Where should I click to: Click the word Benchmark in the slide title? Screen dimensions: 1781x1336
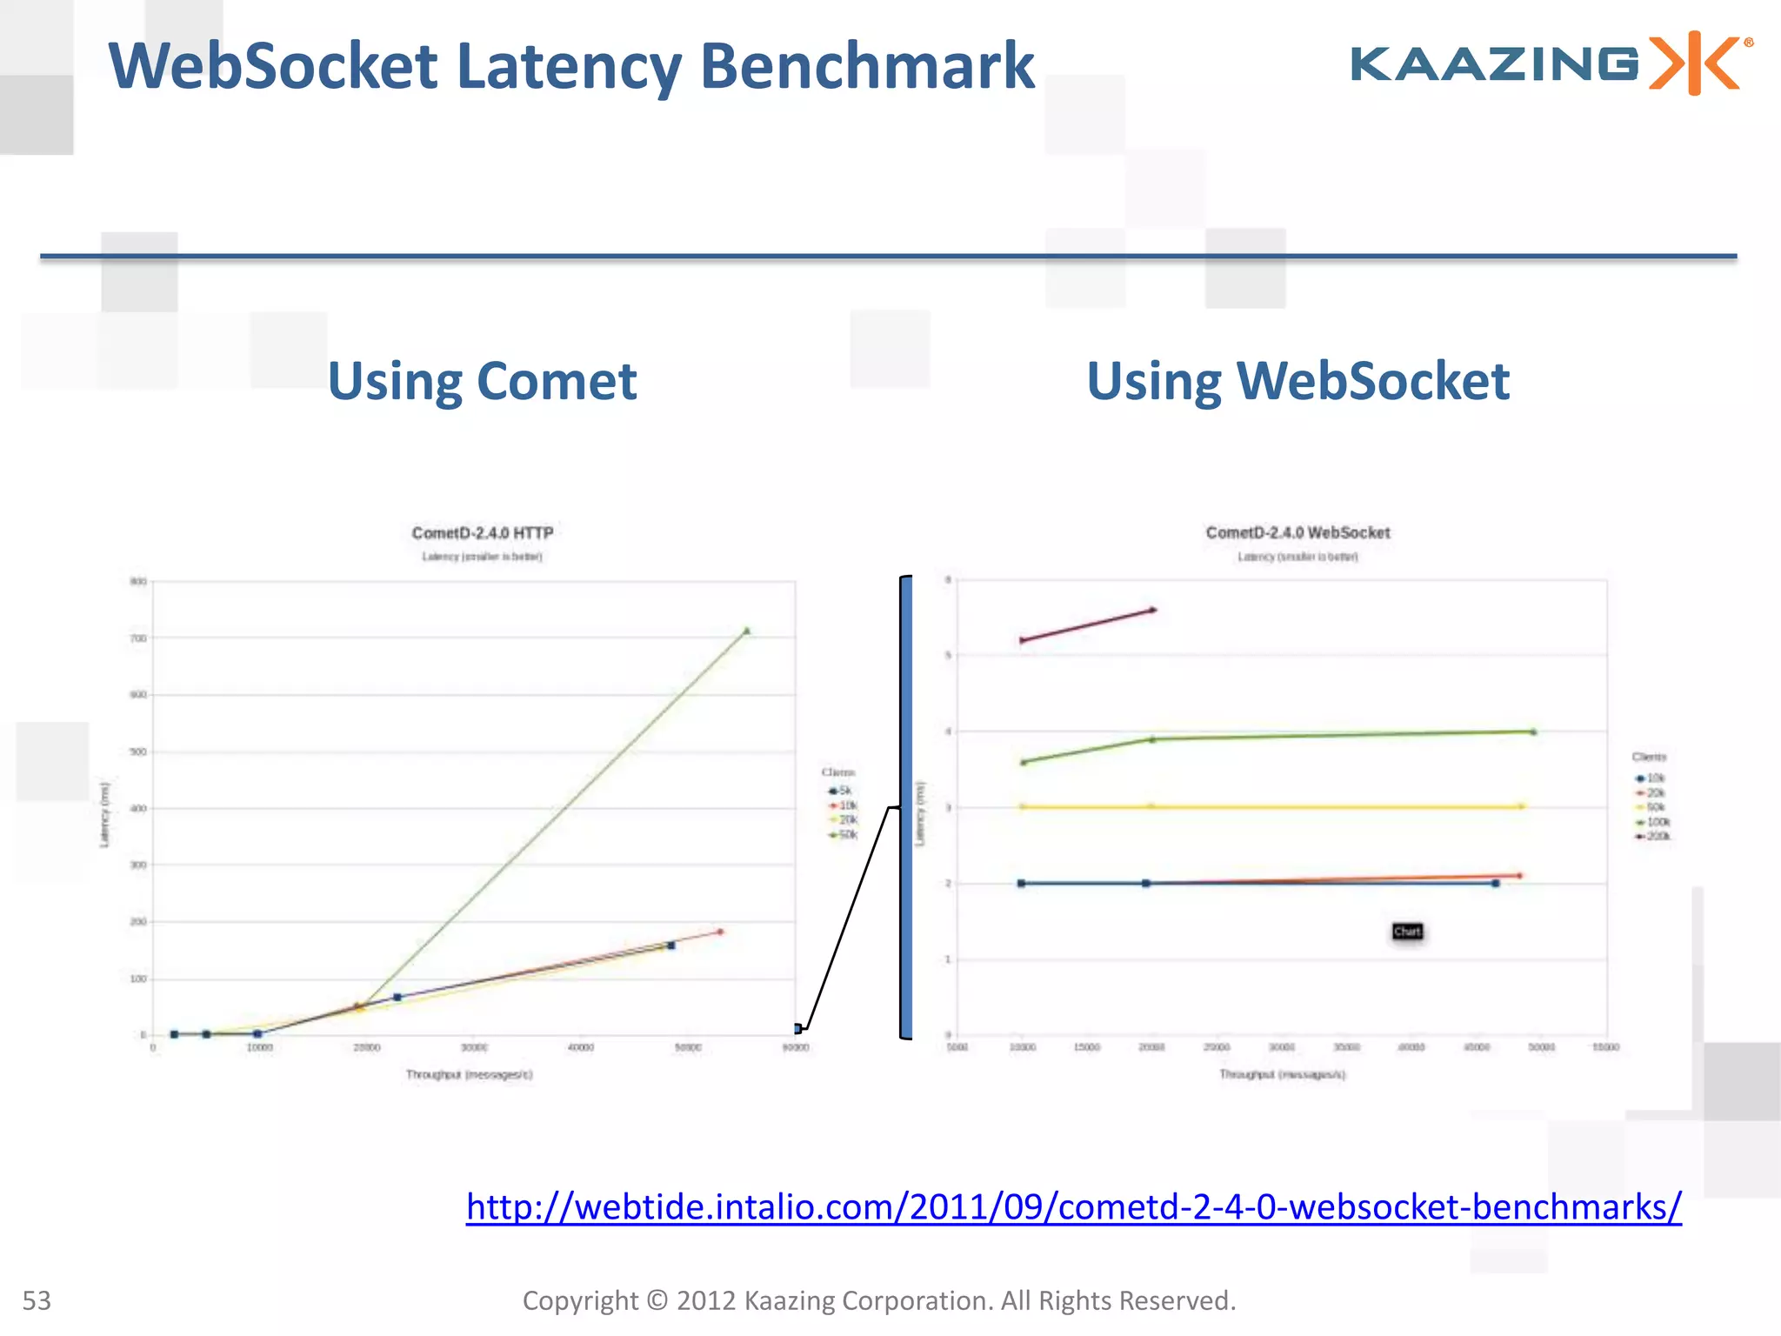point(867,66)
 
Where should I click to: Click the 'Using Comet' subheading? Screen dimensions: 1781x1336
point(482,381)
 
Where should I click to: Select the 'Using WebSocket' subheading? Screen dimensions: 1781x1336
point(1297,381)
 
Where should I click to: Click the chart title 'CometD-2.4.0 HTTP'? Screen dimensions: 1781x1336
point(482,532)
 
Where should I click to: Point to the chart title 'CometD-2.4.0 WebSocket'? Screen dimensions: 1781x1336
point(1297,532)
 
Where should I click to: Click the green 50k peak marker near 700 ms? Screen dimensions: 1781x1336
point(746,631)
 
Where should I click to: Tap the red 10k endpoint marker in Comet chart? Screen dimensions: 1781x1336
point(720,932)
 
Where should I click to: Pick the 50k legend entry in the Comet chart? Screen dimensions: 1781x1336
point(844,835)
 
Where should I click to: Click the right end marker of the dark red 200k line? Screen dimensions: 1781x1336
point(1153,610)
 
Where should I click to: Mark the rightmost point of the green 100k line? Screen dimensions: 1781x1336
point(1533,731)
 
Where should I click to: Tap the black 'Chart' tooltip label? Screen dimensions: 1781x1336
point(1407,932)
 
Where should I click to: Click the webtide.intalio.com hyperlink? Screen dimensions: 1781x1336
point(1073,1207)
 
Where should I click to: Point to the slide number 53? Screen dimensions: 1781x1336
point(37,1300)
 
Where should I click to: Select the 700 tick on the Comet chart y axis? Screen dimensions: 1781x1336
point(138,638)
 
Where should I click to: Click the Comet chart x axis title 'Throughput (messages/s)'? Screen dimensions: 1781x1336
point(469,1074)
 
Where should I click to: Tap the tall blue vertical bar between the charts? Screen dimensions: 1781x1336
point(906,807)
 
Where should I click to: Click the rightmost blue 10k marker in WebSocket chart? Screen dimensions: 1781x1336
point(1496,884)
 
